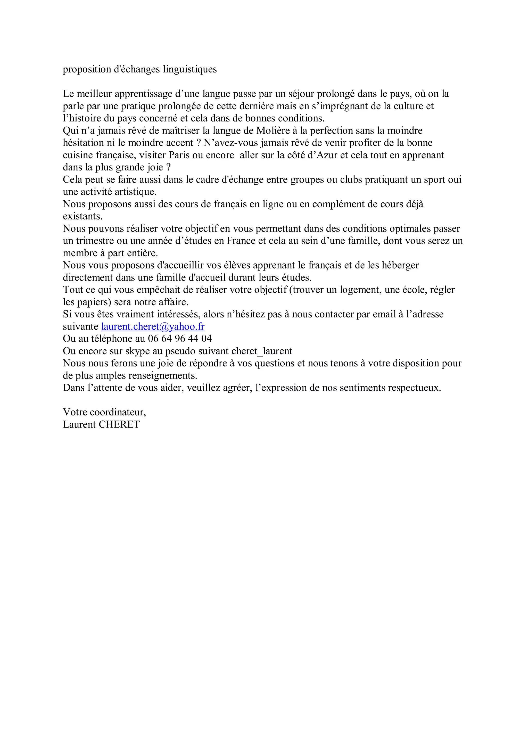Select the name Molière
pyautogui.click(x=273, y=130)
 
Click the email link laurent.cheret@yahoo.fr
pyautogui.click(x=153, y=326)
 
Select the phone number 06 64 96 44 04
pyautogui.click(x=180, y=339)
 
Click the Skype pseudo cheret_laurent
pyautogui.click(x=262, y=351)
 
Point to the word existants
pyautogui.click(x=83, y=216)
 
